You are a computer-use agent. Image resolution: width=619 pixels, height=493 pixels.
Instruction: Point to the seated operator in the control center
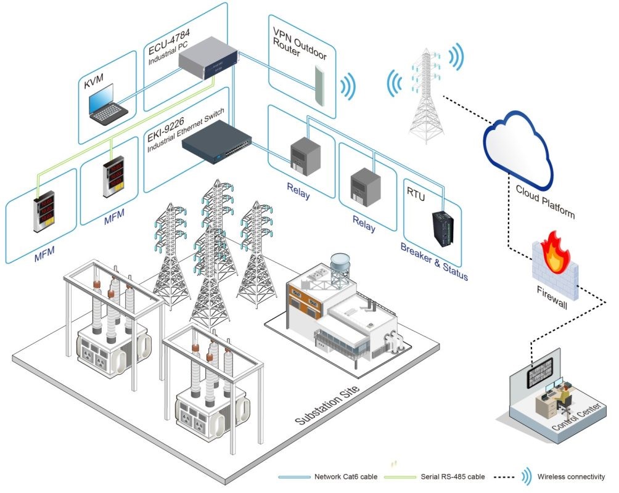pos(564,399)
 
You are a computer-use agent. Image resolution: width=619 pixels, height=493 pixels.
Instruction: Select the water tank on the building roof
pos(340,267)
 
